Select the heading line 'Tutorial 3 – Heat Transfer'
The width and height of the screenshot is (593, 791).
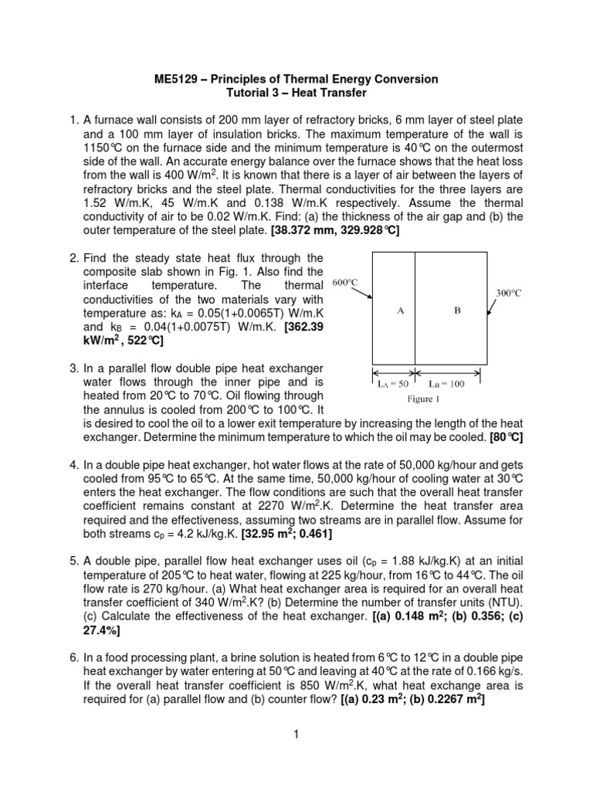point(296,93)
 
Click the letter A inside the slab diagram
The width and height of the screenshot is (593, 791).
point(399,311)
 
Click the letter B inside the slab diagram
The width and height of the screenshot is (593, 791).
point(457,311)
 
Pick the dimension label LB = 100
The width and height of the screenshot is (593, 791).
point(447,385)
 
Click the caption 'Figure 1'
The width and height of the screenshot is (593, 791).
point(423,399)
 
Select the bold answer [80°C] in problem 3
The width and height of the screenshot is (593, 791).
point(507,437)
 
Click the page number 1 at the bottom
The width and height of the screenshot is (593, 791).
point(296,734)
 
